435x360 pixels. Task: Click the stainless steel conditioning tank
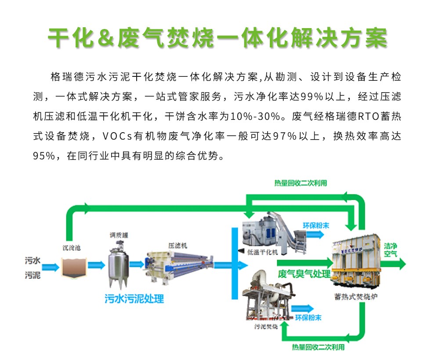(118, 263)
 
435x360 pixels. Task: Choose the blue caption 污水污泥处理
(134, 299)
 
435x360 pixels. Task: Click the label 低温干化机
(263, 252)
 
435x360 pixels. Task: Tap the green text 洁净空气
(391, 249)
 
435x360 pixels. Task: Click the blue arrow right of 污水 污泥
(51, 266)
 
